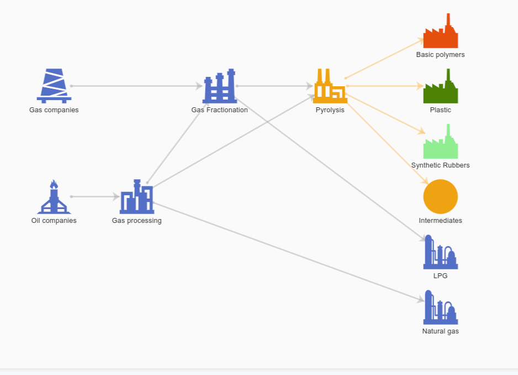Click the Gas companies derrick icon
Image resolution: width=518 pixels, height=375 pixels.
(x=54, y=86)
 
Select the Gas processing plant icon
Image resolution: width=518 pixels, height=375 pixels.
(x=137, y=197)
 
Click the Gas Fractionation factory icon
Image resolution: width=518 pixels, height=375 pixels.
(x=220, y=86)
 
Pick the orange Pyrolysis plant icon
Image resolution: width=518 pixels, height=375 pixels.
(x=330, y=86)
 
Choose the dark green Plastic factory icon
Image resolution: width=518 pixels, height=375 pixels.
(x=441, y=86)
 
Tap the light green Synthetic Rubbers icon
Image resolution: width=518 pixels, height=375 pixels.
(x=441, y=142)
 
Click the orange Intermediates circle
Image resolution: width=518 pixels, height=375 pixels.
(x=441, y=197)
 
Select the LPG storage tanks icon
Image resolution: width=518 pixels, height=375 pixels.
(x=441, y=252)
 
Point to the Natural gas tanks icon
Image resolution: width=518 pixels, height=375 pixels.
(x=441, y=308)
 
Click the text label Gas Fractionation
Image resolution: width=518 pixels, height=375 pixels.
(x=220, y=110)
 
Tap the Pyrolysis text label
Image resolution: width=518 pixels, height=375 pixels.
(x=330, y=110)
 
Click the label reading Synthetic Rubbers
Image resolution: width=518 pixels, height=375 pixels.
(x=441, y=165)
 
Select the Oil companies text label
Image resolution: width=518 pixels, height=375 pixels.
(x=54, y=221)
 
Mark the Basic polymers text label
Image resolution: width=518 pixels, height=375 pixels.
(x=441, y=55)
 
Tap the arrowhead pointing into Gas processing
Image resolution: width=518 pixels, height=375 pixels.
(x=116, y=197)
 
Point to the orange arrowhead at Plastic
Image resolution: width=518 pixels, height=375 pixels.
(x=420, y=86)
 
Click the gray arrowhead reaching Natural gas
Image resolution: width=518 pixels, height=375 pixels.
(x=421, y=300)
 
